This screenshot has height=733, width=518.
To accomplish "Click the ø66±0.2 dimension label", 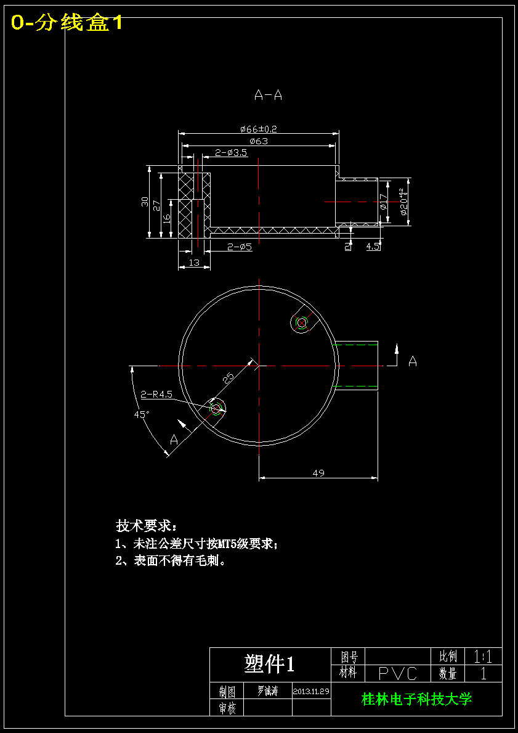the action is tap(259, 129).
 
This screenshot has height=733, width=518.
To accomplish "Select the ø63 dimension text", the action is tap(259, 141).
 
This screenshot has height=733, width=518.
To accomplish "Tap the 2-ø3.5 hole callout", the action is tap(231, 152).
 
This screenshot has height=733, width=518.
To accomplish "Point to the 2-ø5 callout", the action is tap(240, 247).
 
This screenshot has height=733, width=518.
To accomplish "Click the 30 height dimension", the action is tap(145, 202).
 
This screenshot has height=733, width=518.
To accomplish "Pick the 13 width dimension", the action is tap(194, 263).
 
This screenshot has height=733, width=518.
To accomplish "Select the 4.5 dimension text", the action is tap(373, 247).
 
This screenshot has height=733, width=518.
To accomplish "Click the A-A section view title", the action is tap(268, 95).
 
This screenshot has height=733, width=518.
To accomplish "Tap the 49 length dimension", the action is tap(318, 473).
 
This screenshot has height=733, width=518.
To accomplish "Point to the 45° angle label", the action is tap(142, 415).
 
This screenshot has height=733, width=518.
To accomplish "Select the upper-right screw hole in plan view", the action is tap(301, 322).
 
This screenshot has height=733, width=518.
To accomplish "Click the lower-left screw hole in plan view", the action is tap(216, 408).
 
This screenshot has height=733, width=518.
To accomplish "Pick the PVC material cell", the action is tap(398, 673).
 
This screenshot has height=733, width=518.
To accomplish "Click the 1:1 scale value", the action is tap(483, 656).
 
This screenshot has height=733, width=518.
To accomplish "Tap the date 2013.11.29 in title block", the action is tap(311, 691).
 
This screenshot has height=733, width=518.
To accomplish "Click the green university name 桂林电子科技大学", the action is tap(416, 699).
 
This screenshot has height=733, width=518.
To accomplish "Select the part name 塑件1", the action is tap(270, 664).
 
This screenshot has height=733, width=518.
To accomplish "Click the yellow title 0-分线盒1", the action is tap(67, 23).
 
